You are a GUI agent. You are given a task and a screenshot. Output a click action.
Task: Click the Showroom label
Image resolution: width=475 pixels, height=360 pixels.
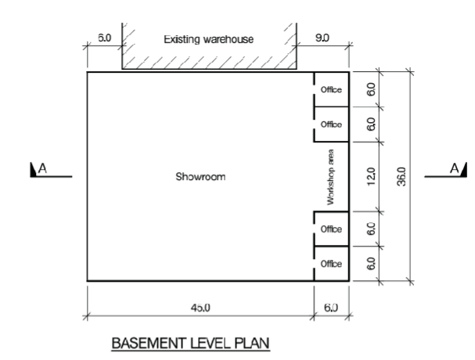(x=200, y=176)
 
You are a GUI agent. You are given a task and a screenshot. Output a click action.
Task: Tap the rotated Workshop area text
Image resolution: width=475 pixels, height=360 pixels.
(x=332, y=176)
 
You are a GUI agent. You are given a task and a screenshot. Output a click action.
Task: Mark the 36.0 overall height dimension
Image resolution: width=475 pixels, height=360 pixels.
(x=402, y=176)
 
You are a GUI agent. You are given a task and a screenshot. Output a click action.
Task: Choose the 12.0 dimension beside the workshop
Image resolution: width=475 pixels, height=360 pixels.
(x=372, y=176)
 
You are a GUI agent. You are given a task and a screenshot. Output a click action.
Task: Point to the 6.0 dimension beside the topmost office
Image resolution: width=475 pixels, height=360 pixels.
(x=372, y=90)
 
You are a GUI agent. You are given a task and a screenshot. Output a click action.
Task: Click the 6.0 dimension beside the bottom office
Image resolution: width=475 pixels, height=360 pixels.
(x=372, y=264)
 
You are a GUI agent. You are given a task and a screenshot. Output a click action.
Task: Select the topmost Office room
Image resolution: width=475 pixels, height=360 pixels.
(x=332, y=90)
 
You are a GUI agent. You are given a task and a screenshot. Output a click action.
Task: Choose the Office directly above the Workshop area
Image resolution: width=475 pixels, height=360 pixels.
(x=332, y=124)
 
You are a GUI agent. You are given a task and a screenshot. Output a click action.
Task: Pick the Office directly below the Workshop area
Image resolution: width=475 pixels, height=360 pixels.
(x=332, y=229)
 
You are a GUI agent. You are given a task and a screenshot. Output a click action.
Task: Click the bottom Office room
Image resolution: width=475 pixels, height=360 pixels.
(x=332, y=264)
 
